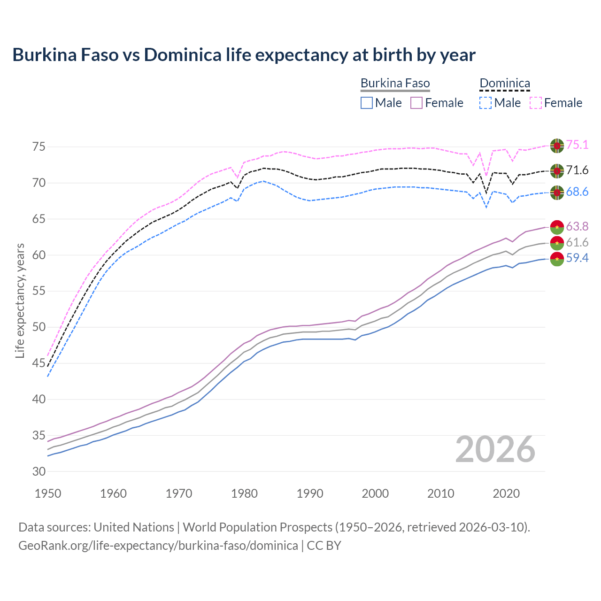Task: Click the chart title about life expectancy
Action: tap(244, 55)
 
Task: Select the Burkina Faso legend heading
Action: tap(395, 84)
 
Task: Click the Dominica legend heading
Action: tap(504, 84)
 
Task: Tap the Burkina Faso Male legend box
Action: tap(367, 103)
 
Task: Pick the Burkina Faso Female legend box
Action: tap(416, 103)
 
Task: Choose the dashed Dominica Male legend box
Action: tap(485, 103)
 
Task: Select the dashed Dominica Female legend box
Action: tap(536, 103)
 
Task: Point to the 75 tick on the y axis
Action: tap(39, 146)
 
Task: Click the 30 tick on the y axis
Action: tap(39, 471)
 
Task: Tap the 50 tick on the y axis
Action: tap(39, 327)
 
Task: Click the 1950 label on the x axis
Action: tap(48, 493)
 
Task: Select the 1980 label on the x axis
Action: tap(244, 493)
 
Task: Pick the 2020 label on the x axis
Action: tap(506, 493)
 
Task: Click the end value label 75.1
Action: tap(577, 145)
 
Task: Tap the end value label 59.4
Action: tap(577, 258)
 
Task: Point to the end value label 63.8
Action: tap(577, 227)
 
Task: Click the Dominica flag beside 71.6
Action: tap(557, 171)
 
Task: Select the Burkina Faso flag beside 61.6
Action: tap(557, 243)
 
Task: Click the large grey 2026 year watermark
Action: tap(495, 449)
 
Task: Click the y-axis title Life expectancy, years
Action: tap(20, 300)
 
